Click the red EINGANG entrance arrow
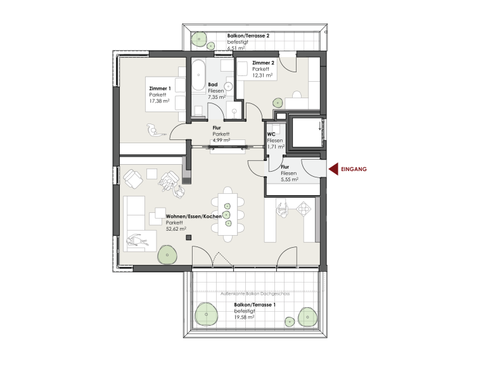click(x=333, y=169)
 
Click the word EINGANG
click(x=354, y=169)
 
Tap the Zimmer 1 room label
click(x=160, y=89)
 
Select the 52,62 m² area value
click(x=176, y=229)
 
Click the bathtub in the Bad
click(x=198, y=75)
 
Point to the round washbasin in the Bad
click(x=229, y=86)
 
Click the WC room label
click(x=271, y=134)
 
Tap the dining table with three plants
click(x=228, y=214)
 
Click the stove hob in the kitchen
click(x=304, y=208)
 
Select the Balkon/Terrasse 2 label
click(x=248, y=35)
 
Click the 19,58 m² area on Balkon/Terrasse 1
click(x=244, y=317)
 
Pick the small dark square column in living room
click(x=189, y=238)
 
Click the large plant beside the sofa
click(x=167, y=255)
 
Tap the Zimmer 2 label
click(x=263, y=63)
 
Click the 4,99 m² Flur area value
click(x=221, y=141)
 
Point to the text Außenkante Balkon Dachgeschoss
click(x=255, y=293)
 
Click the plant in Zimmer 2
click(x=278, y=103)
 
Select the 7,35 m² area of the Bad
click(x=217, y=97)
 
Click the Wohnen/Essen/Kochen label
click(x=194, y=216)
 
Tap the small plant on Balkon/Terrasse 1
click(x=290, y=322)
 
